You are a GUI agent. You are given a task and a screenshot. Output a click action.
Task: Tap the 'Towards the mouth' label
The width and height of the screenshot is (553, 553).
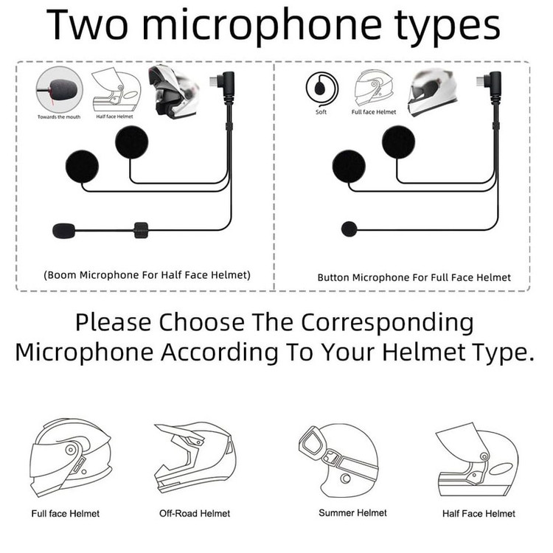coord(59,116)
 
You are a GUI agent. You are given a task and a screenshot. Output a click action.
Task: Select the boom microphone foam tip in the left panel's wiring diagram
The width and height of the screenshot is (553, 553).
coord(64,231)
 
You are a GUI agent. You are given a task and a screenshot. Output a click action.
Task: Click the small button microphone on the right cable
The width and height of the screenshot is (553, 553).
coord(349,229)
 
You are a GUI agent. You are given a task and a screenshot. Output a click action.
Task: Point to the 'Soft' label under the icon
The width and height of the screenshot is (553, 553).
coord(321,112)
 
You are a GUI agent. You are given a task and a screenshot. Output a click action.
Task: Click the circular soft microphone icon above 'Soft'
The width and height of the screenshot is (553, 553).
coord(322,88)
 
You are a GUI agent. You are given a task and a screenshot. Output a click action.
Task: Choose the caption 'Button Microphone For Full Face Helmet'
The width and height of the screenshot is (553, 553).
coord(414,278)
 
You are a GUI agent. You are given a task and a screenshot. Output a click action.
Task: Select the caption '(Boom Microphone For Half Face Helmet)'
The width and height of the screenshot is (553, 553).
coord(147,275)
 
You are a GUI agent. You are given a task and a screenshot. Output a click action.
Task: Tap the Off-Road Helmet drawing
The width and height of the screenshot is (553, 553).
coord(195,458)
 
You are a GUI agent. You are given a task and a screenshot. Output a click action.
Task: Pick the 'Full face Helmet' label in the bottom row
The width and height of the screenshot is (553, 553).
coord(66,513)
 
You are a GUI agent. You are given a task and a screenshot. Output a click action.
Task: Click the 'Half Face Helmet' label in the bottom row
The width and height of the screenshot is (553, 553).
coord(479,513)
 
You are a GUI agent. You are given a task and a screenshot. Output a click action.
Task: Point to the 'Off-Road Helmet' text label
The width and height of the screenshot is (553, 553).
coord(195,513)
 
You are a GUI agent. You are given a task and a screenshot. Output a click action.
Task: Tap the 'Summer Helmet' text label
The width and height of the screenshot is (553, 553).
coord(352,512)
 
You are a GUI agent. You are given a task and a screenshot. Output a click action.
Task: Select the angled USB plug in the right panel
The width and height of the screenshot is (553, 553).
coord(490,86)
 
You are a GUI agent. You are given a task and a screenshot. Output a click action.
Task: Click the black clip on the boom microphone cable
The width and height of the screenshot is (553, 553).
coord(141,230)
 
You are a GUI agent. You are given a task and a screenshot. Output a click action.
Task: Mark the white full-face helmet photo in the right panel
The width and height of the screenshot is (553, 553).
coord(432,91)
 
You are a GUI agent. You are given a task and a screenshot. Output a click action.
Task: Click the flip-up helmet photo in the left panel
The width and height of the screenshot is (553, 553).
coord(173,91)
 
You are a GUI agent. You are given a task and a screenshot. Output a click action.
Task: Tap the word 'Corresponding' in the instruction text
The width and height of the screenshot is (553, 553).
coord(387,323)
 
